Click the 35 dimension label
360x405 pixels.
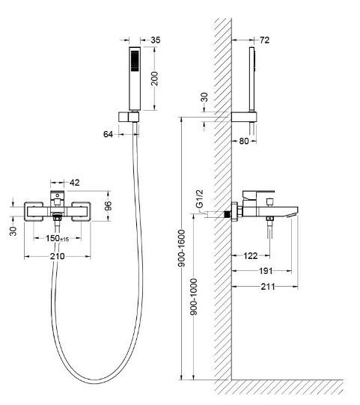pyautogui.click(x=156, y=40)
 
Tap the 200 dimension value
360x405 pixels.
pyautogui.click(x=154, y=79)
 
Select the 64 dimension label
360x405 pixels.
pyautogui.click(x=108, y=134)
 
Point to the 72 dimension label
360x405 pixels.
pyautogui.click(x=264, y=40)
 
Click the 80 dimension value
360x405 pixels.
pyautogui.click(x=244, y=141)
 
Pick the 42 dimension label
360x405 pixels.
pyautogui.click(x=75, y=183)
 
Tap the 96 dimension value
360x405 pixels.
pyautogui.click(x=109, y=206)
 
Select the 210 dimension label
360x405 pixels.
pyautogui.click(x=58, y=257)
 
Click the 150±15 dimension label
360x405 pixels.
pyautogui.click(x=58, y=238)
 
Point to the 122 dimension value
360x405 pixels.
pyautogui.click(x=251, y=256)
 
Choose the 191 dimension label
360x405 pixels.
pyautogui.click(x=266, y=271)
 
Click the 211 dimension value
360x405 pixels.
pyautogui.click(x=268, y=287)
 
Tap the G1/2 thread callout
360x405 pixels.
pyautogui.click(x=200, y=199)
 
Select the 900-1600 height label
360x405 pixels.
pyautogui.click(x=182, y=249)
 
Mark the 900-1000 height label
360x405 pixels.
pyautogui.click(x=193, y=296)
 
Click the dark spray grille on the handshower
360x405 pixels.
pyautogui.click(x=135, y=61)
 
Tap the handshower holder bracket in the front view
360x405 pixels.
pyautogui.click(x=129, y=117)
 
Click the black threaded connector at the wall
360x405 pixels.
pyautogui.click(x=228, y=215)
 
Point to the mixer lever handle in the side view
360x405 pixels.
pyautogui.click(x=258, y=195)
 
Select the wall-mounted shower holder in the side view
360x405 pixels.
pyautogui.click(x=244, y=117)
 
